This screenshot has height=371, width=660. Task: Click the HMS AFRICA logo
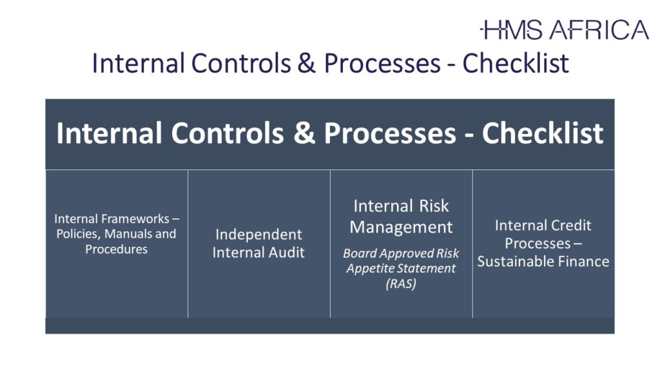pyautogui.click(x=565, y=30)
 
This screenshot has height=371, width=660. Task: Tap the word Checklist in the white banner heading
pyautogui.click(x=543, y=133)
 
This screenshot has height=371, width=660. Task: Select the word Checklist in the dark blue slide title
pyautogui.click(x=516, y=63)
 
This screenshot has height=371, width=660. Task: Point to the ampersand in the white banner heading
pyautogui.click(x=304, y=133)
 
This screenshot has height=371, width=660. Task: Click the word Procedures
pyautogui.click(x=116, y=249)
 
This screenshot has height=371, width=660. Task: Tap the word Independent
pyautogui.click(x=258, y=234)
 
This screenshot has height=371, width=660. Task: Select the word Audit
pyautogui.click(x=287, y=252)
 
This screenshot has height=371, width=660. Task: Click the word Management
pyautogui.click(x=401, y=227)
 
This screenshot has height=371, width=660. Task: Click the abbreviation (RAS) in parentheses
pyautogui.click(x=401, y=283)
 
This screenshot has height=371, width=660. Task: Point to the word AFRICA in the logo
pyautogui.click(x=599, y=30)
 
